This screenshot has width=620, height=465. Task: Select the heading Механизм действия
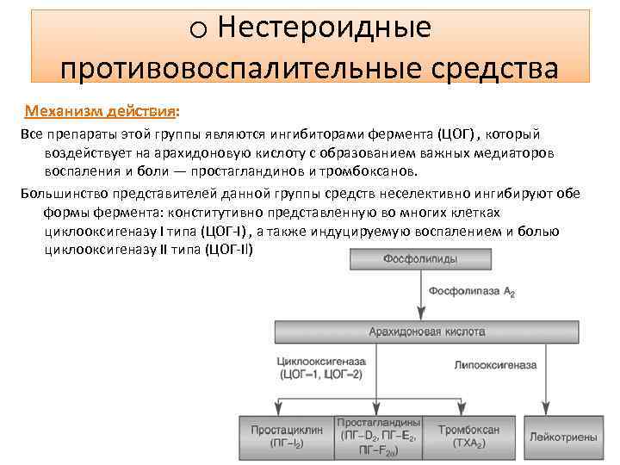pos(101,113)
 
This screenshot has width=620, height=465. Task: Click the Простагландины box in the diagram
pos(379,437)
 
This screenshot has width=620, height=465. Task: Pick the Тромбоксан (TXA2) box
pos(473,437)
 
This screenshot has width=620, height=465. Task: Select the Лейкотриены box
pos(564,437)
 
